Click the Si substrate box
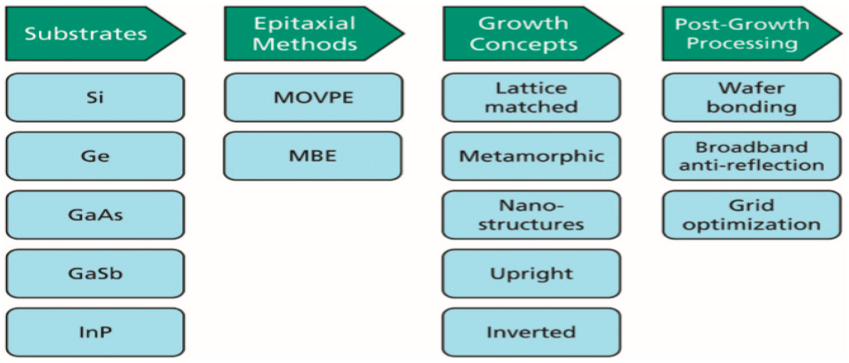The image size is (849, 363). (95, 97)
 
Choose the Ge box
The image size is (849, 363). (95, 156)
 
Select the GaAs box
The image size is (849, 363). (95, 215)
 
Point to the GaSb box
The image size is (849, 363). (95, 273)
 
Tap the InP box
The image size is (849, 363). (95, 332)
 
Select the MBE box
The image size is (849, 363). (313, 156)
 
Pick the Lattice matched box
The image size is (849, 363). (531, 97)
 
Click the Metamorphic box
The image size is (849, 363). (531, 156)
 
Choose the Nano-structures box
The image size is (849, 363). (531, 215)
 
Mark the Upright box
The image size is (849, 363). (531, 273)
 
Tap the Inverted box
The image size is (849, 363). (531, 332)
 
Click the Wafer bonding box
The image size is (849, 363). (752, 97)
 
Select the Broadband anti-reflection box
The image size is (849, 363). (752, 156)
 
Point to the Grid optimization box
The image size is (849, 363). (752, 215)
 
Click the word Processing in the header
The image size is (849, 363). (742, 44)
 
